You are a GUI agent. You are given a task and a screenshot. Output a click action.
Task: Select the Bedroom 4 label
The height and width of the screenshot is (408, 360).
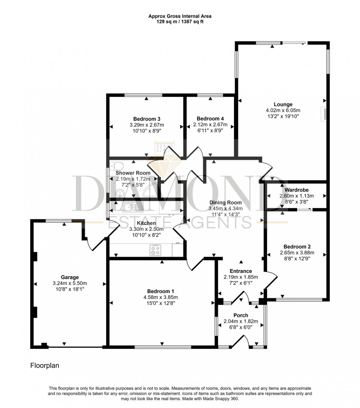click(x=210, y=119)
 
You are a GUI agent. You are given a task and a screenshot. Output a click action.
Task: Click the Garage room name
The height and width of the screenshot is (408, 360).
click(x=70, y=277)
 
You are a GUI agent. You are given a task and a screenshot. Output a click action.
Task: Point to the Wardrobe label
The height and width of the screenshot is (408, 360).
click(x=297, y=190)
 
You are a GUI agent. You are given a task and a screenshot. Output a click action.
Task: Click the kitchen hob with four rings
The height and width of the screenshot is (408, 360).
click(x=155, y=250)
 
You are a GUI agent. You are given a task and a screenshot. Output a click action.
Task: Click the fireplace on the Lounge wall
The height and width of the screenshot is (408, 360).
click(x=324, y=114)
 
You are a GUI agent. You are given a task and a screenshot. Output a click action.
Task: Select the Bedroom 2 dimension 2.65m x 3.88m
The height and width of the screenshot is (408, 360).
click(x=297, y=253)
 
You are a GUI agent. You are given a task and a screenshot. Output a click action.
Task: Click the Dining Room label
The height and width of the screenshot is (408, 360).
click(x=226, y=202)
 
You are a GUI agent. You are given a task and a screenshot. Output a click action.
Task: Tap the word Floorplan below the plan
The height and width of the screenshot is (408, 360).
click(x=44, y=366)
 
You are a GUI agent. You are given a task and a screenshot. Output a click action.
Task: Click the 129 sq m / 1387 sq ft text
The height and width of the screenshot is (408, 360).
click(x=180, y=22)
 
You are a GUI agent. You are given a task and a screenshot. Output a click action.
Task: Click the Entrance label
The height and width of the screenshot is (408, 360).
click(x=241, y=271)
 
